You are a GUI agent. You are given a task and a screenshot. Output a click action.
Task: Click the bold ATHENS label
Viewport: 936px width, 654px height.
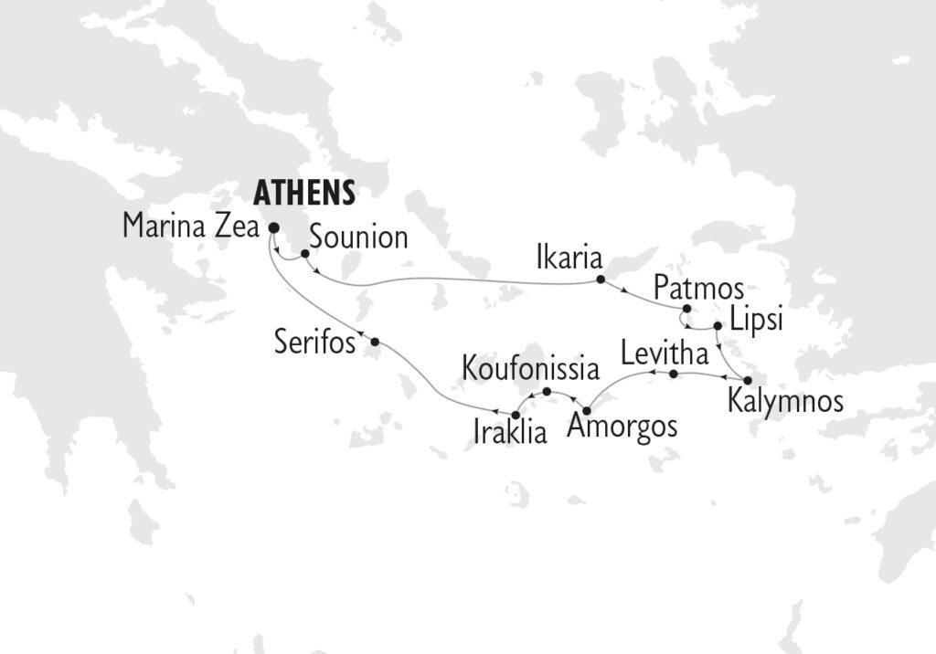(x=303, y=193)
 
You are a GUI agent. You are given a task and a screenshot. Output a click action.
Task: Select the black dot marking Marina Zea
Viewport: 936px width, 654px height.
(x=273, y=228)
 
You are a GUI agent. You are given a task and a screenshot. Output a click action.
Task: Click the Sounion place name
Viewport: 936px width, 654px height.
(x=358, y=237)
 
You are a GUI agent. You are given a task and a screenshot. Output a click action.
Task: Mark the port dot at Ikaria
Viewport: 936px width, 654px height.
(x=601, y=279)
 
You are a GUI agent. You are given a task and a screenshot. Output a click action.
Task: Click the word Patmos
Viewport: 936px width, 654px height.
(x=699, y=290)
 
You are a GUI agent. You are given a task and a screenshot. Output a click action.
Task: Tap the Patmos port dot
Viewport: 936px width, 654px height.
(x=686, y=309)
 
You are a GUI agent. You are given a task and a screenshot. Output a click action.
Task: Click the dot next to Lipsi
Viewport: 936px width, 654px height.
(x=718, y=325)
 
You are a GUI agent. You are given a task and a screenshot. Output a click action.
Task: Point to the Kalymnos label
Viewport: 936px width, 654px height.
(x=785, y=401)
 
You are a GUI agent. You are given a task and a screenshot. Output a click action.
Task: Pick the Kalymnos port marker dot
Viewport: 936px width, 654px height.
(x=748, y=380)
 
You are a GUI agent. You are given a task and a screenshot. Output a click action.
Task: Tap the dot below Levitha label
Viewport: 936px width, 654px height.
(x=673, y=374)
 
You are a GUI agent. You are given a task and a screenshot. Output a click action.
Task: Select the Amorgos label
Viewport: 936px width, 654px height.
(x=622, y=427)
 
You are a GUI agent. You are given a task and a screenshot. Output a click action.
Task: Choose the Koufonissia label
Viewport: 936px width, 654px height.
(x=530, y=369)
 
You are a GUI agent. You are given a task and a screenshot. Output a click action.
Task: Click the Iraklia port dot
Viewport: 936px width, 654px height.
(x=516, y=416)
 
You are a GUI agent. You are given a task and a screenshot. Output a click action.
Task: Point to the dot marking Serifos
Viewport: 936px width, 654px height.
(x=375, y=342)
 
